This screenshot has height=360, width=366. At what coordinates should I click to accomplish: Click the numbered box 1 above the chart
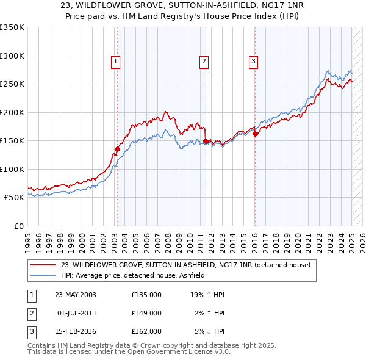click(x=115, y=61)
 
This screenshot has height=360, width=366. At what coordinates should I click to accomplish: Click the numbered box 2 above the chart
click(x=204, y=61)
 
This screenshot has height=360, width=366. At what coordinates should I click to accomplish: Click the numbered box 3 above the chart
click(x=253, y=61)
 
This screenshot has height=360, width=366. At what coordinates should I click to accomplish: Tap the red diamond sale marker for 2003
click(x=117, y=149)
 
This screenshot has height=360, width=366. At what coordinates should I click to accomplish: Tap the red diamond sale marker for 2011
click(x=206, y=141)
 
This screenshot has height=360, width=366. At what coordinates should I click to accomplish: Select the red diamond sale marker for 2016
click(x=255, y=134)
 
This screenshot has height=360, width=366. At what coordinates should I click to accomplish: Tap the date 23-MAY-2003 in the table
click(x=76, y=295)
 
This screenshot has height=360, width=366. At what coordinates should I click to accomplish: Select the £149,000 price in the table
click(x=146, y=313)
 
